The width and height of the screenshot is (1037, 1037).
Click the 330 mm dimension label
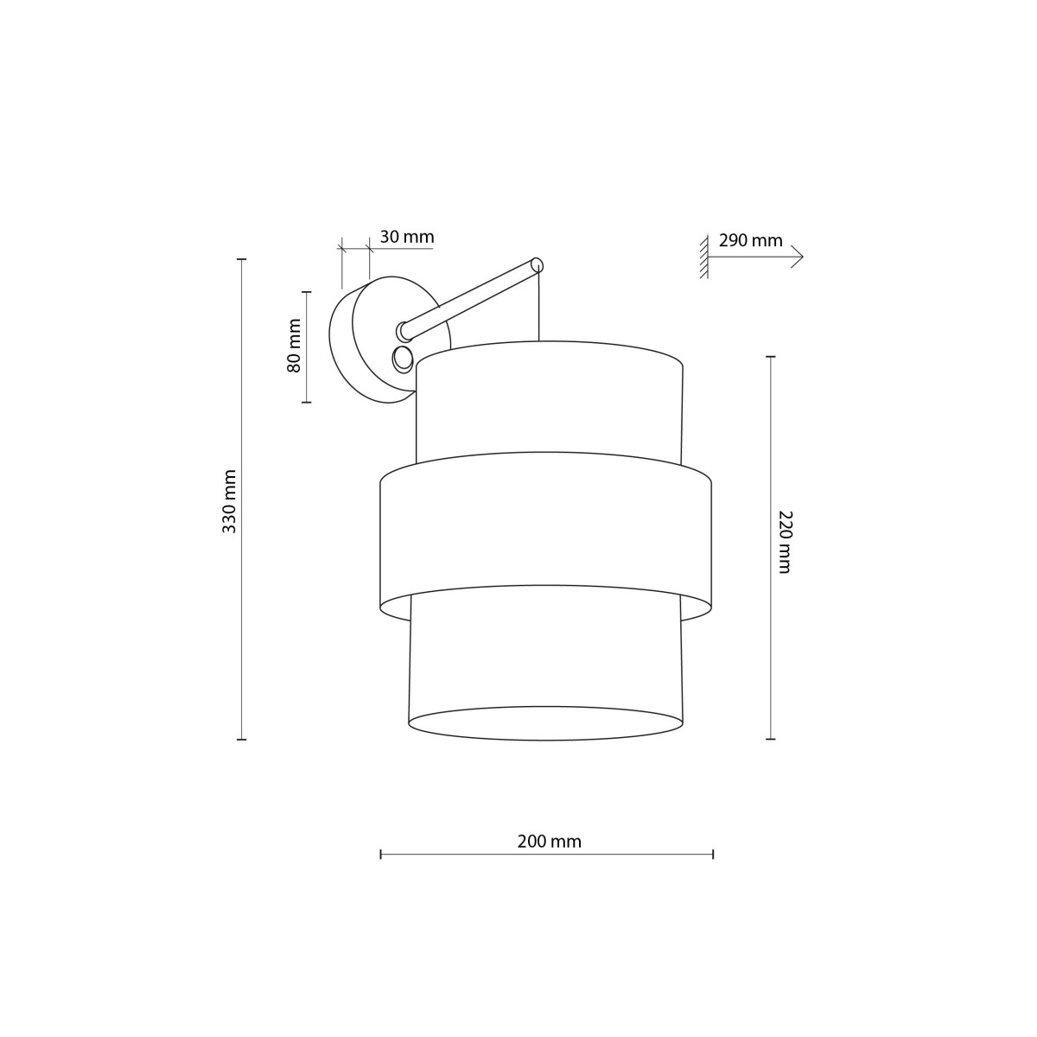click(229, 501)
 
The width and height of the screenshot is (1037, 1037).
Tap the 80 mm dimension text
click(295, 347)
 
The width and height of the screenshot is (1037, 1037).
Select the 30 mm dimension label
click(406, 237)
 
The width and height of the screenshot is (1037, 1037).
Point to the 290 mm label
click(750, 240)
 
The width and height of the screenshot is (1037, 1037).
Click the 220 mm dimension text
click(785, 542)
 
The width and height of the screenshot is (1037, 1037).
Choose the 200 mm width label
click(549, 841)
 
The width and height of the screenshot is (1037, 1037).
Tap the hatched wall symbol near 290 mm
click(705, 257)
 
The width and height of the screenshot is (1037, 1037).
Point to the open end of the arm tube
click(537, 264)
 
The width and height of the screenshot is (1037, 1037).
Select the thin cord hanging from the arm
click(539, 307)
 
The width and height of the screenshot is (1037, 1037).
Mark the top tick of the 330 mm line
click(242, 259)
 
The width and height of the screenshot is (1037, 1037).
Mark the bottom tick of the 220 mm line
click(770, 739)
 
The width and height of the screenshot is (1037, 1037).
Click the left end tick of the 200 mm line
click(381, 854)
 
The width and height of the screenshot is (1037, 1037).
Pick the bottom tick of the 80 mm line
click(306, 402)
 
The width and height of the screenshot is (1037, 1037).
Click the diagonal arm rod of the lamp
click(471, 297)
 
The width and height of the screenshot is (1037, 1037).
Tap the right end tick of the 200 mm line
click(712, 854)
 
